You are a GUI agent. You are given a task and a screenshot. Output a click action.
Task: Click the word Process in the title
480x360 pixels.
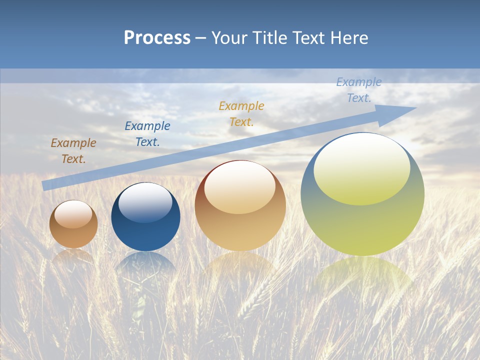[157, 38]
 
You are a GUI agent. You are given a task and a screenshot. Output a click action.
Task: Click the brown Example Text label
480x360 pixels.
[73, 151]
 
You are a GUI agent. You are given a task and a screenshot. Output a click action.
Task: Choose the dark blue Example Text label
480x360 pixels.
[147, 134]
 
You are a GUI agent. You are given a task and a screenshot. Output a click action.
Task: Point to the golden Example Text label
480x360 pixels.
[241, 113]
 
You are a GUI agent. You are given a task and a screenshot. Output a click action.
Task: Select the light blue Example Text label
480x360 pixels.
[359, 90]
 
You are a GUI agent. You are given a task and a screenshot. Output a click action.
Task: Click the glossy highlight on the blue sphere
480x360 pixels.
[145, 202]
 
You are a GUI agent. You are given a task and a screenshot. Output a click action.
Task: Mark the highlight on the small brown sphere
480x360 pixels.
[73, 214]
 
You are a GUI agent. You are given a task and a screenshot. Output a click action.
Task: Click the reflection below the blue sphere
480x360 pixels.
[145, 262]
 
